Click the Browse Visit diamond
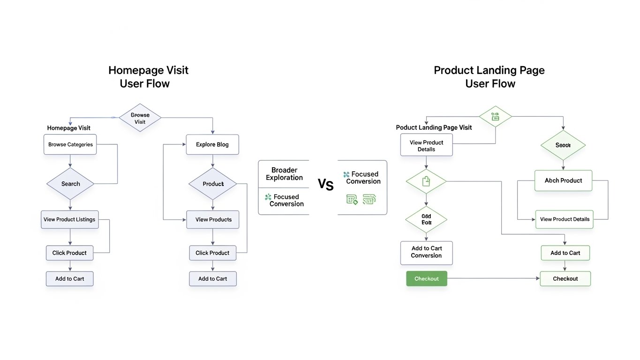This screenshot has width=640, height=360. pos(140,118)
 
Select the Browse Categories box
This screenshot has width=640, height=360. pos(70,144)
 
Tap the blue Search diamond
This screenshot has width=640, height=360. pos(70,184)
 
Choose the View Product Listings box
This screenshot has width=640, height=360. pos(69,219)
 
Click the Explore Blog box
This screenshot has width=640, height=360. pos(212,144)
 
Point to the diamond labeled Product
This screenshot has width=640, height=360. pos(213,184)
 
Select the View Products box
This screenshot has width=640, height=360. pos(213,219)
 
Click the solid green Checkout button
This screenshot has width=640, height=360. pos(426,278)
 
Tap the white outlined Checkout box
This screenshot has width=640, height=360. pos(565,278)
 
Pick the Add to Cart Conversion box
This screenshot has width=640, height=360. pos(426,252)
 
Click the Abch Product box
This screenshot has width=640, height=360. pos(563,180)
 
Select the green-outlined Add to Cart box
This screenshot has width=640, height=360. pos(565,253)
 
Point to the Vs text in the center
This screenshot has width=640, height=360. pos(325,185)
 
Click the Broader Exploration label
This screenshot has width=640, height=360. pos(284,174)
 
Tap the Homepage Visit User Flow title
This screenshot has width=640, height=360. pos(148,77)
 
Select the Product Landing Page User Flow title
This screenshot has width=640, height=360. pos(489,77)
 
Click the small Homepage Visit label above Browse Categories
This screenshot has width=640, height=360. pos(69,128)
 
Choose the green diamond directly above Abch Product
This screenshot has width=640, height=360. pos(563,145)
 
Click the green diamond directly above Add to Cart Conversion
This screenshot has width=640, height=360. pos(426,219)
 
